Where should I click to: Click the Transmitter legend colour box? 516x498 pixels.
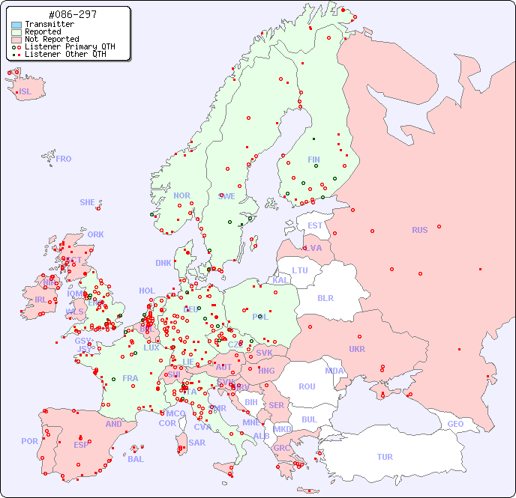pos(16,25)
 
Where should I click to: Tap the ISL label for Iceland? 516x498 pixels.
pos(25,92)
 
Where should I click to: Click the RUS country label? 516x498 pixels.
pos(419,230)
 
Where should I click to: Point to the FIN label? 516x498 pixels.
pos(313,160)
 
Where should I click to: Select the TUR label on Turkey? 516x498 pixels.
pos(385,457)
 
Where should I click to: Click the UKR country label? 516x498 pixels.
pos(357,349)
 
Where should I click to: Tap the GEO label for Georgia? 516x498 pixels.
pos(455,424)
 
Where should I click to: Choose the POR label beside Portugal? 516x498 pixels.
pos(29,441)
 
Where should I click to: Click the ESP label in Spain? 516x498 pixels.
pos(81,444)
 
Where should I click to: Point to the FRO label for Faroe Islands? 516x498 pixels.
pos(64,159)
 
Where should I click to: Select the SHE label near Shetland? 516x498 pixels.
pos(88,202)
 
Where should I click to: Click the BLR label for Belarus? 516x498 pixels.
pos(325,297)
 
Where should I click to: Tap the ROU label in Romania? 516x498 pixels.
pos(307,386)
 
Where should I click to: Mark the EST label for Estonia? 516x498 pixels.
pos(315,225)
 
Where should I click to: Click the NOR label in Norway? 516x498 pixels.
pos(181,195)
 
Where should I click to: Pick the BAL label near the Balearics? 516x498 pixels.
pos(135,459)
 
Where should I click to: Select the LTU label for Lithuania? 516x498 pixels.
pos(300,270)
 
